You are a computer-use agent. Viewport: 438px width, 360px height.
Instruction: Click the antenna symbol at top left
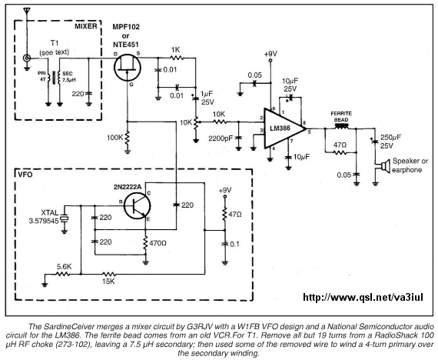27,12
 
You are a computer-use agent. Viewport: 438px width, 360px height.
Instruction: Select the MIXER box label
86,26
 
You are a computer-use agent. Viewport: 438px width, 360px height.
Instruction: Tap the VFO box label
25,175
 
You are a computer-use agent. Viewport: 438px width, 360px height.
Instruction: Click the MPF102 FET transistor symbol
128,68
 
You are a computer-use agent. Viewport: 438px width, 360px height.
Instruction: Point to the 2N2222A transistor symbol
137,206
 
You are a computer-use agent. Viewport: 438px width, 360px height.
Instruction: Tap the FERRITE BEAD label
341,117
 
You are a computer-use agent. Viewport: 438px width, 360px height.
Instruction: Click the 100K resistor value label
114,138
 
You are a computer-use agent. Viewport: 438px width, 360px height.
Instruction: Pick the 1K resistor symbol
177,58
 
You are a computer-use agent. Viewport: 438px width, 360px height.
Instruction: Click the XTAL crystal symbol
65,218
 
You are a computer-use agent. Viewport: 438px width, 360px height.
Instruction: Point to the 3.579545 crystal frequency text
44,221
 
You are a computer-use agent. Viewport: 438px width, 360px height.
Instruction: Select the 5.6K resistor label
65,267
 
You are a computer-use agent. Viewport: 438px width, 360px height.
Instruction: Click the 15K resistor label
108,282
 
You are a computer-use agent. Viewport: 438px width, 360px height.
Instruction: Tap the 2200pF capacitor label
221,138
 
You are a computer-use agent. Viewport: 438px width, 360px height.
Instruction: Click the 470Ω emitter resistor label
158,243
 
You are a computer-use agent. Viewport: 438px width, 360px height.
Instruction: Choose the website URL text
363,297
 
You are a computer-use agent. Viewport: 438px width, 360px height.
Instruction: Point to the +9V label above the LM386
270,54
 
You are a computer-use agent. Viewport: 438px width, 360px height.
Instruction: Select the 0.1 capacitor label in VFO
234,244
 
